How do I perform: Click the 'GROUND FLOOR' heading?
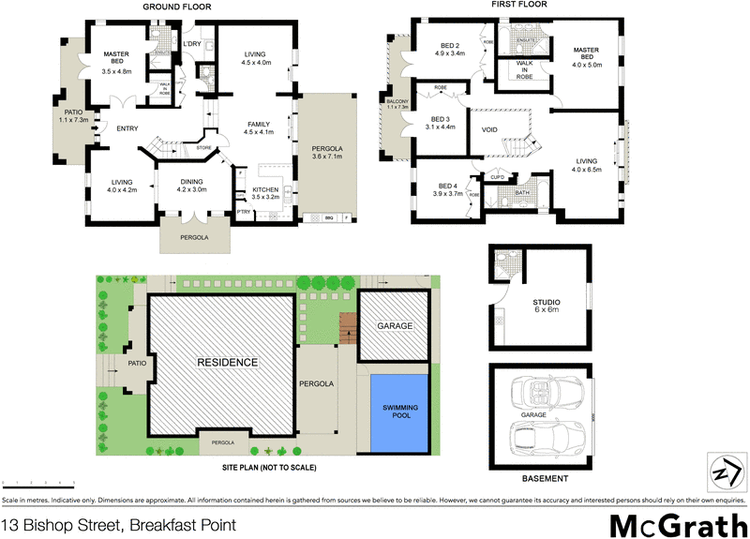point(176,7)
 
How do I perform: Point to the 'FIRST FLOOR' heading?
point(517,6)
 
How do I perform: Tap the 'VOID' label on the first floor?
point(489,130)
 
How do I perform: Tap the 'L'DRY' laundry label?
point(192,45)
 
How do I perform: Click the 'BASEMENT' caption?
point(545,479)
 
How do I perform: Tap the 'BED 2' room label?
point(450,50)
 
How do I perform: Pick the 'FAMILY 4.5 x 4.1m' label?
point(258,128)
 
